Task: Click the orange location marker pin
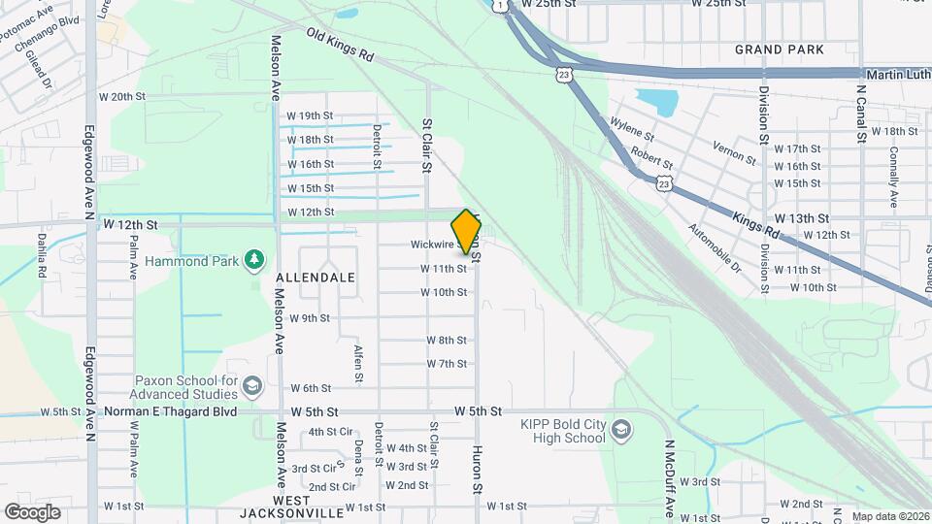click(x=467, y=231)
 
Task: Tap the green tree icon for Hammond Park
click(x=254, y=259)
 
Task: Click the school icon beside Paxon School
click(x=252, y=387)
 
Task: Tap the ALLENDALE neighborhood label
click(x=316, y=278)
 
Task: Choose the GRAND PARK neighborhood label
click(x=780, y=49)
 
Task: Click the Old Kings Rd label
click(x=340, y=45)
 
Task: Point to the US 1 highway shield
click(x=499, y=5)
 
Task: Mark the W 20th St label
click(x=121, y=97)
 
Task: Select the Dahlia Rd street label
click(x=41, y=256)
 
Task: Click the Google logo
click(x=32, y=511)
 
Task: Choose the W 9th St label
click(x=310, y=317)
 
